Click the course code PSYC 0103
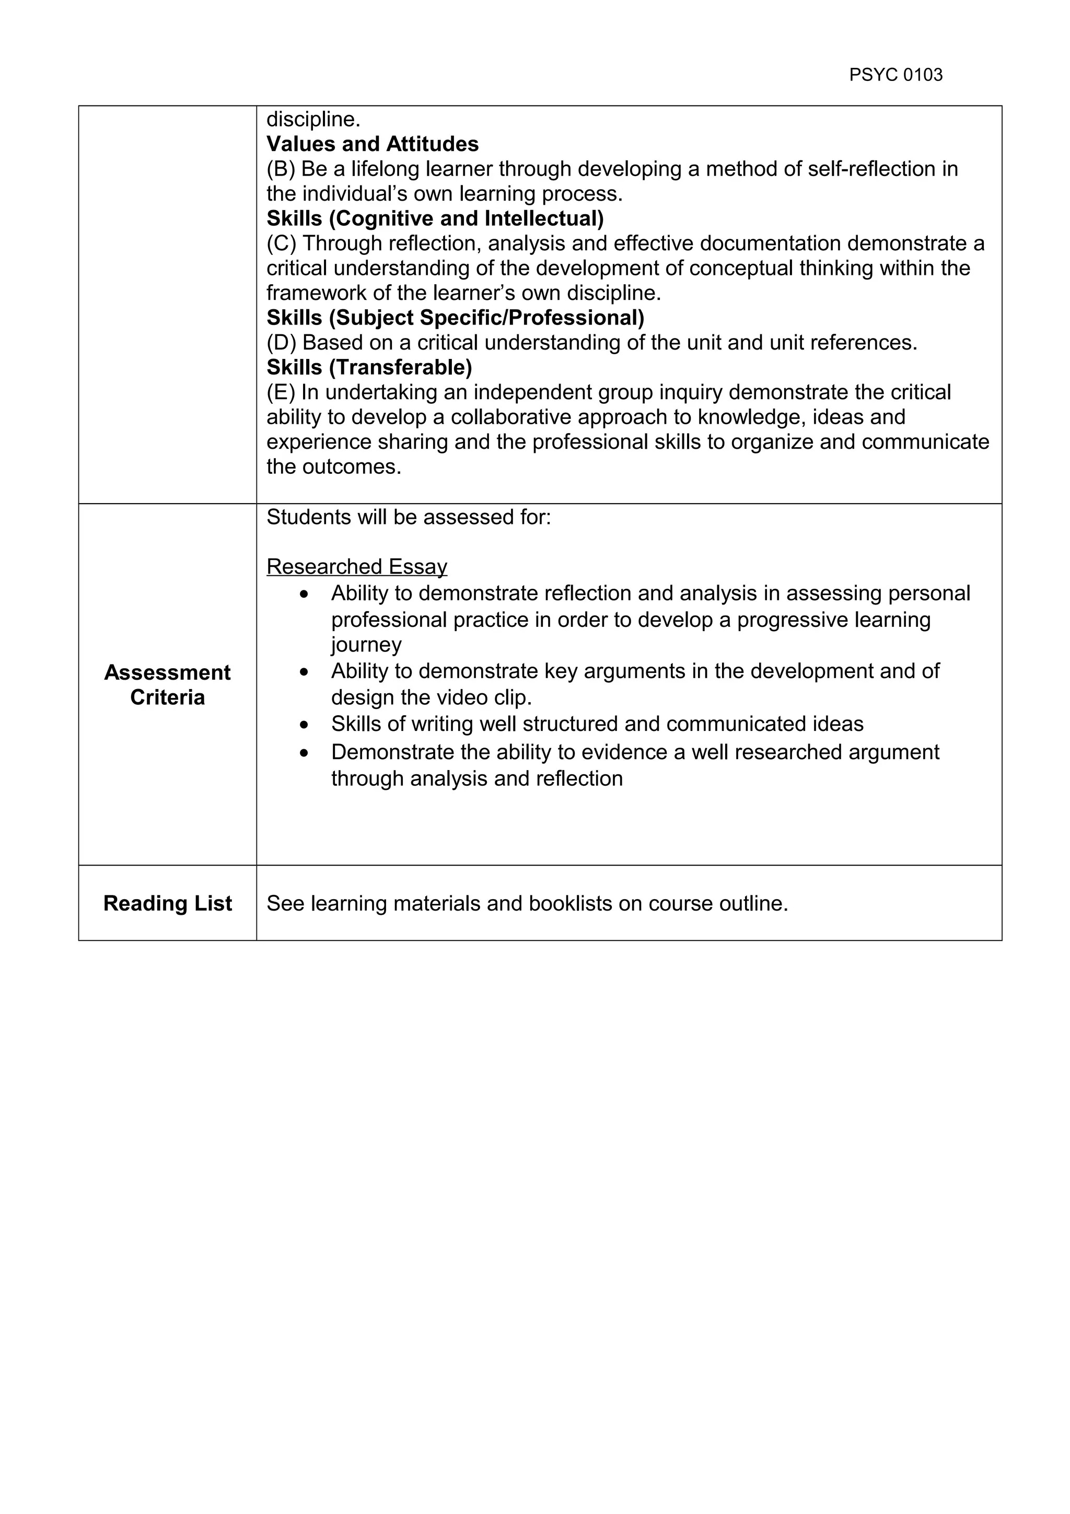(895, 75)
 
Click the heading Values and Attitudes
(373, 144)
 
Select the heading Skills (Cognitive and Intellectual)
(435, 218)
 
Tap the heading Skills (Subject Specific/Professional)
(455, 318)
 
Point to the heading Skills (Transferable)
(369, 367)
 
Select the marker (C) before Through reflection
(282, 243)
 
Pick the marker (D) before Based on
(282, 343)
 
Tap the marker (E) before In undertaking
(281, 392)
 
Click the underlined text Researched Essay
(357, 566)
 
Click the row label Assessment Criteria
(168, 684)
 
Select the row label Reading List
(168, 903)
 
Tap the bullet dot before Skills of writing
(303, 725)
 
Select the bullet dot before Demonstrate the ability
(303, 752)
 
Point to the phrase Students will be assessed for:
(408, 517)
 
